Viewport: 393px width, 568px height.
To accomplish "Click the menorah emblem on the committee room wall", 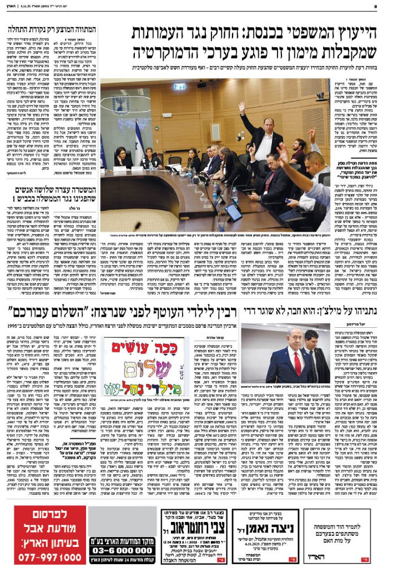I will point(120,103).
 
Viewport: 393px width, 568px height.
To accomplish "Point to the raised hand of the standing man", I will point(241,106).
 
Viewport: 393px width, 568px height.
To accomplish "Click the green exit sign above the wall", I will point(179,87).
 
